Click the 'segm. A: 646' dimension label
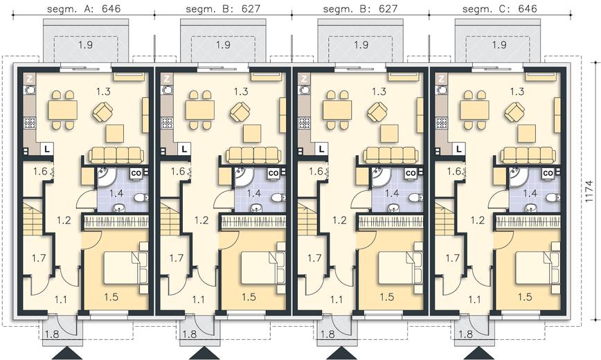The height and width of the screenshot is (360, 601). click(x=84, y=8)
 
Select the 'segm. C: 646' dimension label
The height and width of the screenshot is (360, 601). click(x=500, y=8)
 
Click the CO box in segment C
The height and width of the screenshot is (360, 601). click(x=548, y=173)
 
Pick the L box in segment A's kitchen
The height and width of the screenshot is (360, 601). click(x=47, y=149)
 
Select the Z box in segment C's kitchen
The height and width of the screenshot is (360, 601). click(x=442, y=80)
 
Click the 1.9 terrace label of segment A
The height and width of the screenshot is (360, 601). click(x=85, y=45)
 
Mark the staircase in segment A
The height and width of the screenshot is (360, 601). click(x=33, y=219)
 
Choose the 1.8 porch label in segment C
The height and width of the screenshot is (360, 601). click(x=465, y=334)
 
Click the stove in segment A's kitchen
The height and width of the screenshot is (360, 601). click(x=30, y=123)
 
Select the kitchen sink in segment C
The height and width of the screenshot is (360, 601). click(x=442, y=91)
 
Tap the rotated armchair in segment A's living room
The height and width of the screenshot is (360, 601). click(x=103, y=112)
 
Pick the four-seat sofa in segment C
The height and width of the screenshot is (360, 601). click(x=528, y=155)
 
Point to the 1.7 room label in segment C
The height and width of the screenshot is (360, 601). click(x=452, y=258)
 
